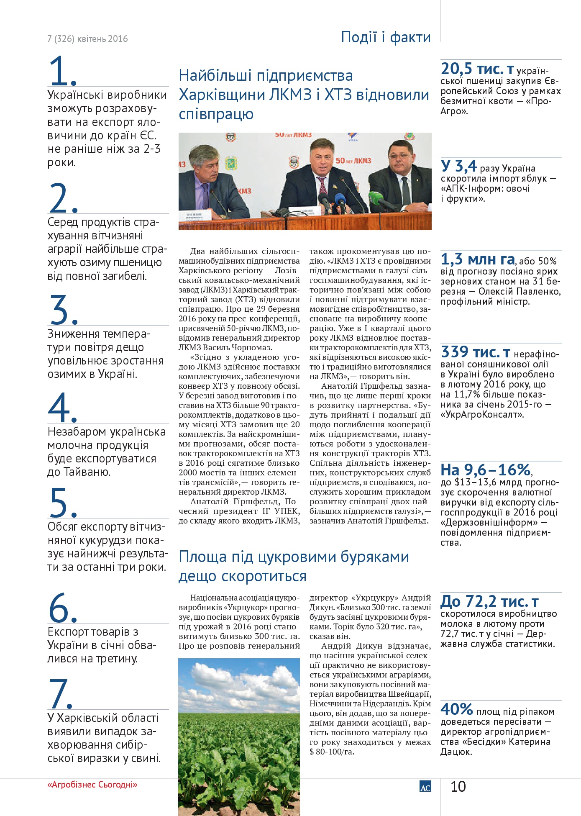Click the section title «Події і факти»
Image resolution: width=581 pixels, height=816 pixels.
pyautogui.click(x=386, y=37)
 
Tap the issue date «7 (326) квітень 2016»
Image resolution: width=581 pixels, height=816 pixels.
pyautogui.click(x=87, y=39)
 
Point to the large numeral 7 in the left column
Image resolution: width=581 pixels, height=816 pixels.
pyautogui.click(x=61, y=693)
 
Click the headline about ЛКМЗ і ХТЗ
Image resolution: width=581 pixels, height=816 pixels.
pyautogui.click(x=304, y=95)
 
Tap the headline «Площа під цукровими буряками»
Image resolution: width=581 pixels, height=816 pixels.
pyautogui.click(x=294, y=566)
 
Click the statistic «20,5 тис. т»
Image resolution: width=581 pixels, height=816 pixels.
pyautogui.click(x=477, y=69)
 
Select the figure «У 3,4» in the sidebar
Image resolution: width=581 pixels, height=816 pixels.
pyautogui.click(x=458, y=167)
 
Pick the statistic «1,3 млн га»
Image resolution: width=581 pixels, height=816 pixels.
pyautogui.click(x=477, y=260)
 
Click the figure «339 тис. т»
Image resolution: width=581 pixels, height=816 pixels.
pyautogui.click(x=475, y=352)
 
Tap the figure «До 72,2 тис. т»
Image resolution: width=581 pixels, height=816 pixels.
pyautogui.click(x=489, y=602)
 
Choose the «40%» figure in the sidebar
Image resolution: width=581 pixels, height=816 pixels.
pyautogui.click(x=456, y=709)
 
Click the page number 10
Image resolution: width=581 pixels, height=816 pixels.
pyautogui.click(x=458, y=787)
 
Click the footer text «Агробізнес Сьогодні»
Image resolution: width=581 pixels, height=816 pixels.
pyautogui.click(x=92, y=785)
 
